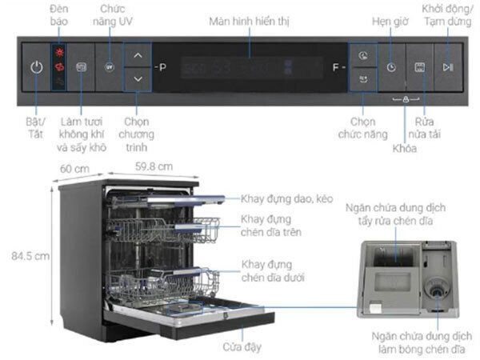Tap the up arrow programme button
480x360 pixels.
pos(138,56)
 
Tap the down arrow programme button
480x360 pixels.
pos(138,78)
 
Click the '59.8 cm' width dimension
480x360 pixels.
pos(153,166)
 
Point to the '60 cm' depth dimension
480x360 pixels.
pos(74,169)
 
